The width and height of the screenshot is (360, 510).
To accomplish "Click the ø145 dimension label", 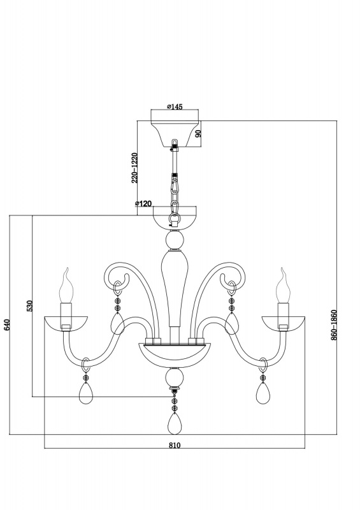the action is [x=175, y=106].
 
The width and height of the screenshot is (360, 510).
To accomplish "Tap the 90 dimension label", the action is [x=199, y=133].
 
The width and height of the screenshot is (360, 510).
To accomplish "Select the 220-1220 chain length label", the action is [x=135, y=168].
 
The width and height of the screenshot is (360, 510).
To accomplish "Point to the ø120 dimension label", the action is [x=143, y=203].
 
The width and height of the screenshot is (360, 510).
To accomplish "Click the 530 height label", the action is [x=29, y=306].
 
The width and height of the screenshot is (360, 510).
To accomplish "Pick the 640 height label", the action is [x=7, y=325].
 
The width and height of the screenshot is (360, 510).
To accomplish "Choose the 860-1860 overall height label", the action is [x=334, y=325].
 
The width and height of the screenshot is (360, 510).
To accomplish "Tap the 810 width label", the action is [x=175, y=445].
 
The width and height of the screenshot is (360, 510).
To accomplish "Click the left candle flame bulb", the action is [x=66, y=286].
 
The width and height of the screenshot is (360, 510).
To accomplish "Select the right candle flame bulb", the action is [x=283, y=286].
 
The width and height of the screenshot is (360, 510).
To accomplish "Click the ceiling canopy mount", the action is [x=175, y=133].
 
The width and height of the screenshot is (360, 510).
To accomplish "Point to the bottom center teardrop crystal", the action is [x=175, y=423].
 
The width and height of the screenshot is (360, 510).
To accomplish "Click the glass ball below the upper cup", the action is [x=175, y=240].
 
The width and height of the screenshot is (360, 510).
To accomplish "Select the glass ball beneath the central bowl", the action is [x=175, y=377].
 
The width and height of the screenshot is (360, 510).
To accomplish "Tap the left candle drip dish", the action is [x=66, y=324].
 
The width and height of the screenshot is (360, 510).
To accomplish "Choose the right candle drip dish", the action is [x=284, y=324].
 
